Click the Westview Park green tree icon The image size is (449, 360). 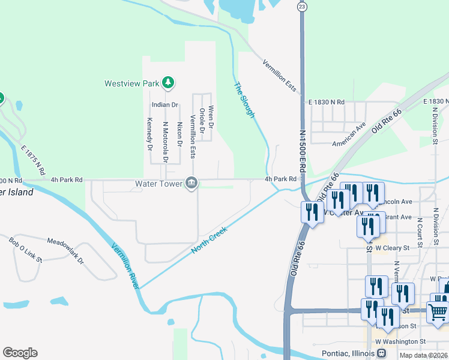pyautogui.click(x=169, y=83)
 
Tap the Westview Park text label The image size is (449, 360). pyautogui.click(x=131, y=83)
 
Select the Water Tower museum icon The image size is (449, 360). pyautogui.click(x=191, y=183)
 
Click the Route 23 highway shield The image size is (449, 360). pyautogui.click(x=302, y=6)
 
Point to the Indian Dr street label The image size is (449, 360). pyautogui.click(x=165, y=105)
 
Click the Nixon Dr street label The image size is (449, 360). pyautogui.click(x=179, y=135)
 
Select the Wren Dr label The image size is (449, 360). pyautogui.click(x=211, y=116)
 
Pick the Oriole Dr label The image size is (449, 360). pyautogui.click(x=202, y=121)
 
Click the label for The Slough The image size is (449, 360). pyautogui.click(x=244, y=100)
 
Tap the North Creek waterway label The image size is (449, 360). pyautogui.click(x=209, y=239)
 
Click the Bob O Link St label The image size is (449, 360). pyautogui.click(x=25, y=250)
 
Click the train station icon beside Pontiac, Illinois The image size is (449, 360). pyautogui.click(x=381, y=353)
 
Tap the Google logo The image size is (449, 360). pyautogui.click(x=20, y=353)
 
